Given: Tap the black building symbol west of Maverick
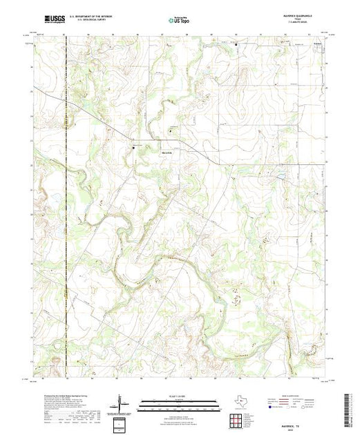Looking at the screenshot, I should (134, 146).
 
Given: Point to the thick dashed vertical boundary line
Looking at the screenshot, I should (66, 207).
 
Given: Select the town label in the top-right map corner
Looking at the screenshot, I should (317, 46).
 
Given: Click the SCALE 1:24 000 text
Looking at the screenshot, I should (178, 396).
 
